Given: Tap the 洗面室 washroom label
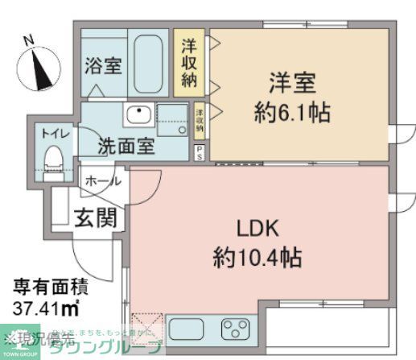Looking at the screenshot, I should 126,147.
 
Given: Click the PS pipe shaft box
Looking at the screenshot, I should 199,152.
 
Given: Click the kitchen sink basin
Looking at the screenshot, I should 191,329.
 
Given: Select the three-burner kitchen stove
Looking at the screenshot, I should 237,329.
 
